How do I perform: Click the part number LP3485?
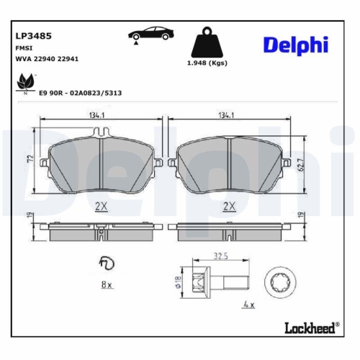[30, 34]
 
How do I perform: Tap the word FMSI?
[23, 47]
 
